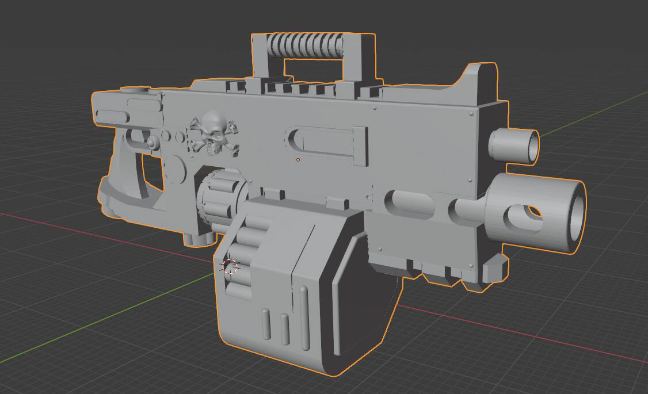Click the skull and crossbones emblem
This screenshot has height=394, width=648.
click(214, 134)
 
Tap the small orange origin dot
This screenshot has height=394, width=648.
click(298, 159)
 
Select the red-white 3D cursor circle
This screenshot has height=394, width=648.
click(230, 266)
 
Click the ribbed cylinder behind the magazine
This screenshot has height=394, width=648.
click(219, 196)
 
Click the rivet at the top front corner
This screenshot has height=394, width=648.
click(471, 114)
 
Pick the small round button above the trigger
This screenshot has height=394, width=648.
click(152, 142)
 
